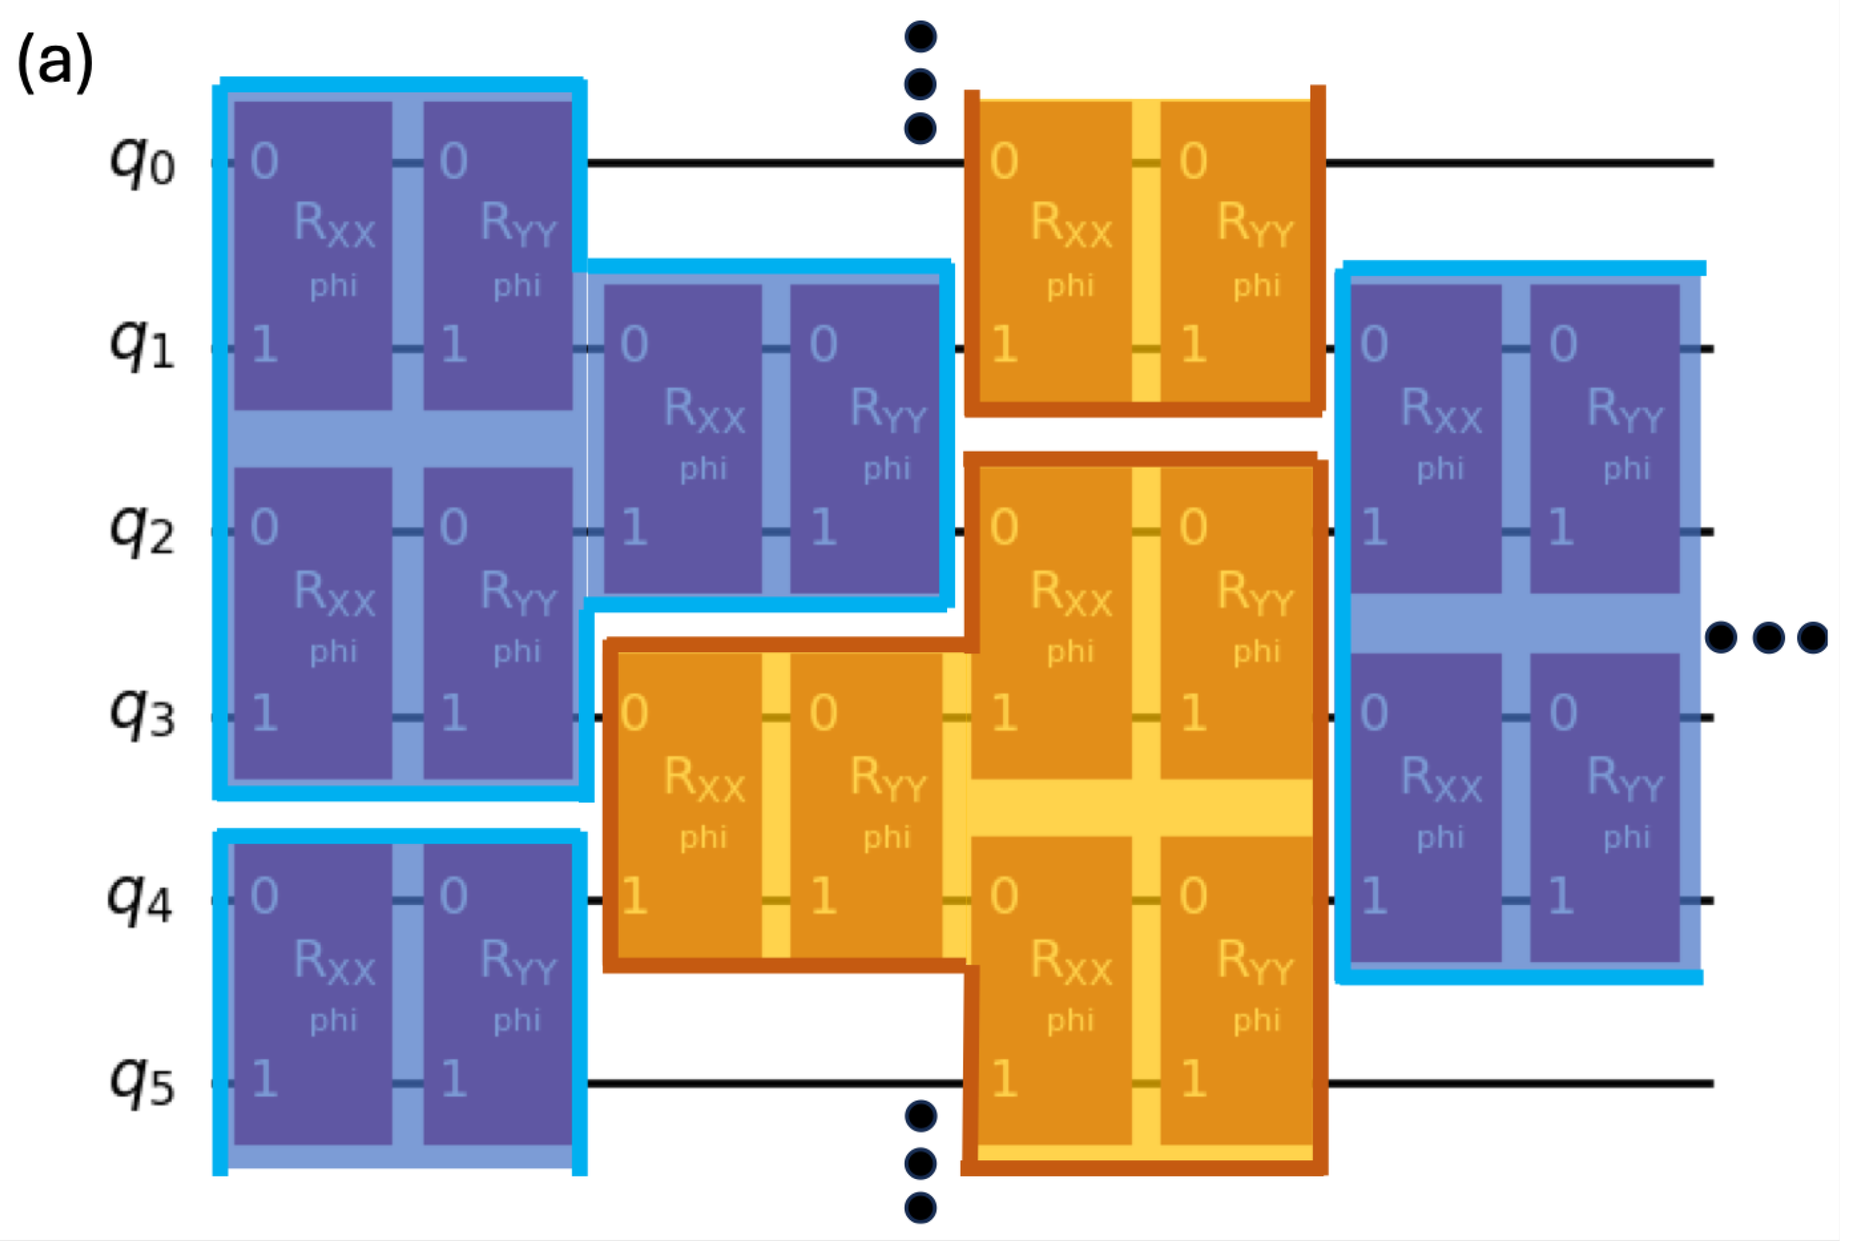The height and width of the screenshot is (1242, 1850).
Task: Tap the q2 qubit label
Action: click(x=143, y=529)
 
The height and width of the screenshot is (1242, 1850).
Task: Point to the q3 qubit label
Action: click(x=143, y=713)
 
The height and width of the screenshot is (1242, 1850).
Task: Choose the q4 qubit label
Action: click(x=140, y=897)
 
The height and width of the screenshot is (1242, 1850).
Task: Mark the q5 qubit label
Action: click(x=143, y=1081)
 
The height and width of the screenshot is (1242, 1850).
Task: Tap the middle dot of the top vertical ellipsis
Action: click(x=920, y=83)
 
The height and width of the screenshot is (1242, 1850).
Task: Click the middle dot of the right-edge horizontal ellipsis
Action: click(x=1768, y=637)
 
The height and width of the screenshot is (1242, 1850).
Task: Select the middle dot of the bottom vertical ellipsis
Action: click(x=920, y=1164)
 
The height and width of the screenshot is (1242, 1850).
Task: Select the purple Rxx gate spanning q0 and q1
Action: click(x=313, y=255)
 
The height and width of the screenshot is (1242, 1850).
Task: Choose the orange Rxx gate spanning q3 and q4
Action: click(x=689, y=805)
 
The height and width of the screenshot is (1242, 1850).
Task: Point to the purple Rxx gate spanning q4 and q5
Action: click(x=313, y=994)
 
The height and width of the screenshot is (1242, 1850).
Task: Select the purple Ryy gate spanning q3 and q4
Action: click(x=1604, y=807)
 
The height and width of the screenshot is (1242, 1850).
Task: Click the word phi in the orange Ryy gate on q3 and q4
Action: click(x=887, y=836)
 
